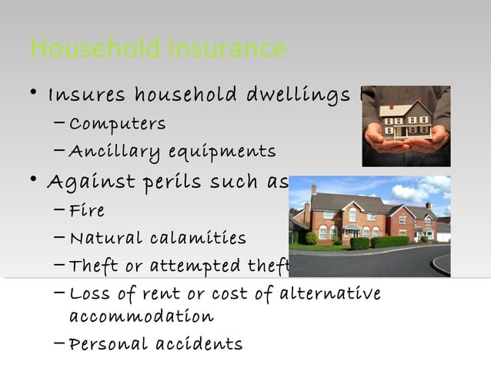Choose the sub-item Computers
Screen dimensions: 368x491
coord(117,124)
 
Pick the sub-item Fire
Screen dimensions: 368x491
coord(86,210)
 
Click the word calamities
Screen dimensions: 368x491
coord(199,239)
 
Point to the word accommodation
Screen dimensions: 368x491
coord(142,317)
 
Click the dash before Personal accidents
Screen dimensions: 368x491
coord(61,343)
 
